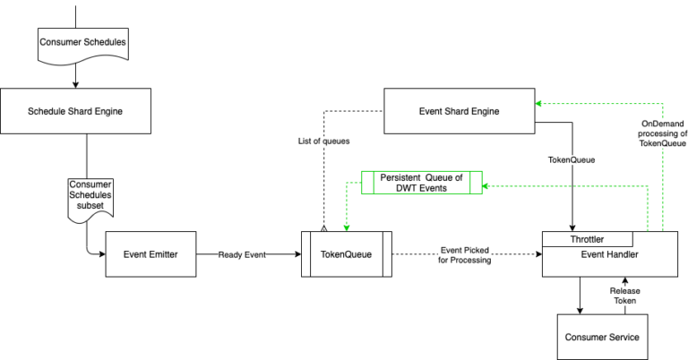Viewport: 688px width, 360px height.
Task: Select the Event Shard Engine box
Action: click(459, 111)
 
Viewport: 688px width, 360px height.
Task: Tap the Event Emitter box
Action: click(150, 254)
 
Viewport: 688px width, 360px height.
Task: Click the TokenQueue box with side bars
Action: click(346, 254)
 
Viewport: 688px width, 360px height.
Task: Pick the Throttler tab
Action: click(587, 239)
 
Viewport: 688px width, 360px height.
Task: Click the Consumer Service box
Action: click(602, 337)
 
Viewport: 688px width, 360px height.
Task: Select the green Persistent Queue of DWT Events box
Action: click(421, 183)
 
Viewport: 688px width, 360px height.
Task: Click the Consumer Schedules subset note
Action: click(90, 194)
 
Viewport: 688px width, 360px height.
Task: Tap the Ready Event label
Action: click(242, 255)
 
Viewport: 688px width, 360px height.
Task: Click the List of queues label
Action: click(323, 141)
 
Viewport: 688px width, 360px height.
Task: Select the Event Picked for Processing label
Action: click(464, 255)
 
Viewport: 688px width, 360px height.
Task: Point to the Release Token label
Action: click(625, 296)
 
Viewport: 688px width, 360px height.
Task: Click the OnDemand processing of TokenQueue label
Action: click(662, 133)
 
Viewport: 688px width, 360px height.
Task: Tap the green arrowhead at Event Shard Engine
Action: click(539, 104)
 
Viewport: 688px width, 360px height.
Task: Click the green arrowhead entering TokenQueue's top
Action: click(346, 228)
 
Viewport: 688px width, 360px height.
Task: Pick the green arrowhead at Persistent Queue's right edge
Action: click(486, 186)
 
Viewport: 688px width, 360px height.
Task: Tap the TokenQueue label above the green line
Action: click(572, 160)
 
